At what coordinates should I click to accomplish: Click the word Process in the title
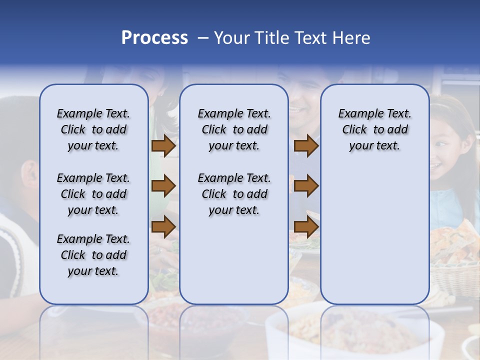154,38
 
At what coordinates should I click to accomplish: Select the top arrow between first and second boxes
163,146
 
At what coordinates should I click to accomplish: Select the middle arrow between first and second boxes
163,186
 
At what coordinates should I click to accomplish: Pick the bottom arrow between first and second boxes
163,226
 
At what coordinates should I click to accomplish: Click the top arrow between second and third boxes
306,146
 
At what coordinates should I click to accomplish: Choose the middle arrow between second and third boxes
306,186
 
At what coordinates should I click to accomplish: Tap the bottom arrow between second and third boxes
306,227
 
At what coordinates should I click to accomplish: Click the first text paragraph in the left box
93,129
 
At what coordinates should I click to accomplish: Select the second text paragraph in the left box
93,194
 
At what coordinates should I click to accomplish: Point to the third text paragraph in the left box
93,255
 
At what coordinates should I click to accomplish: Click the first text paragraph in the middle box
234,129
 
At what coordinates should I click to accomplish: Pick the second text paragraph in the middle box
234,194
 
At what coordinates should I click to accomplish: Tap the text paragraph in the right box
374,129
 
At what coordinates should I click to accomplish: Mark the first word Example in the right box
356,113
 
